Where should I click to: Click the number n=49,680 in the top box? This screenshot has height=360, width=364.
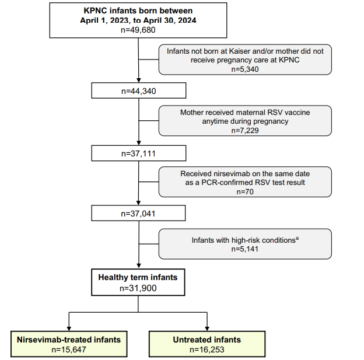tap(138, 30)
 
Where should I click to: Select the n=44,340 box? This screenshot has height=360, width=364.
tap(139, 90)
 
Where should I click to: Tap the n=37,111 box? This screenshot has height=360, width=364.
tap(139, 153)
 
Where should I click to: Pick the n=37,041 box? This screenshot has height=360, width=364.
tap(138, 213)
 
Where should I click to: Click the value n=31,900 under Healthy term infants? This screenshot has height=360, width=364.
tap(138, 288)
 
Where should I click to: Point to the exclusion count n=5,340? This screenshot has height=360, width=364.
tap(245, 69)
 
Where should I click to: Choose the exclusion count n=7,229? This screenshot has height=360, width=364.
tap(245, 130)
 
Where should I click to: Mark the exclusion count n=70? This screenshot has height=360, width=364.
tap(245, 191)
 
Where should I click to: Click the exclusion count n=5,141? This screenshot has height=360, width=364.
tap(245, 249)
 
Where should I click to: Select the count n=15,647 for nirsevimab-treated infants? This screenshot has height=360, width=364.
tap(69, 349)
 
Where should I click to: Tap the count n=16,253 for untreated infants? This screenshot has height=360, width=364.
tap(207, 349)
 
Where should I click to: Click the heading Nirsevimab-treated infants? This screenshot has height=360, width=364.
tap(69, 340)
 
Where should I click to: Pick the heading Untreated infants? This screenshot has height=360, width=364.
tap(207, 340)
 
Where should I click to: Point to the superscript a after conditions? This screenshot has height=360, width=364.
tap(297, 238)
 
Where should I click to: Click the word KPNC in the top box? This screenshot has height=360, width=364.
tap(96, 11)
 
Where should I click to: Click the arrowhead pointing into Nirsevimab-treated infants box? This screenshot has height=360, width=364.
tap(69, 328)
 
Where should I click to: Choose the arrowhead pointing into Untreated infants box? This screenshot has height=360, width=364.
tap(207, 328)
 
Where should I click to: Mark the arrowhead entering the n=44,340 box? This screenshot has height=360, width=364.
tap(139, 80)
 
